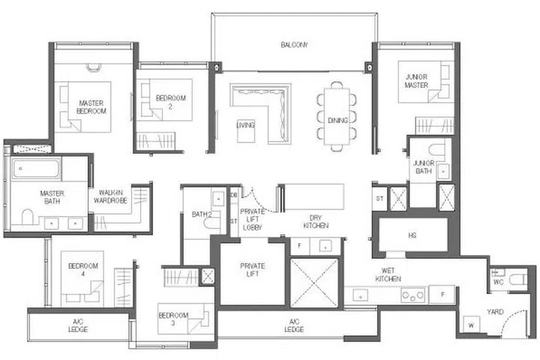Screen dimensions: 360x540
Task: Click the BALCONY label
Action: point(294,45)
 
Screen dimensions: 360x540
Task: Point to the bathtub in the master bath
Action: point(37,169)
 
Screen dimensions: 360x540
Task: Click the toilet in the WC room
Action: point(516,280)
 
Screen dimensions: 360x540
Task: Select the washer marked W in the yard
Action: point(472,324)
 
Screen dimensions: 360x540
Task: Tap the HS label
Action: point(412,235)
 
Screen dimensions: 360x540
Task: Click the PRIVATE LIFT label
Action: point(253,271)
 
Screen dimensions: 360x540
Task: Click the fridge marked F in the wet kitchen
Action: point(442,295)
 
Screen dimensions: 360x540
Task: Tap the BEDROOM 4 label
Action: point(79,270)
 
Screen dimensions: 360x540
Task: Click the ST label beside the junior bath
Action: point(379,198)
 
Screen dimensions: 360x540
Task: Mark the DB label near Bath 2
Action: point(234,194)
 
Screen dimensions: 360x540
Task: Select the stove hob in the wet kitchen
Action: point(412,295)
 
